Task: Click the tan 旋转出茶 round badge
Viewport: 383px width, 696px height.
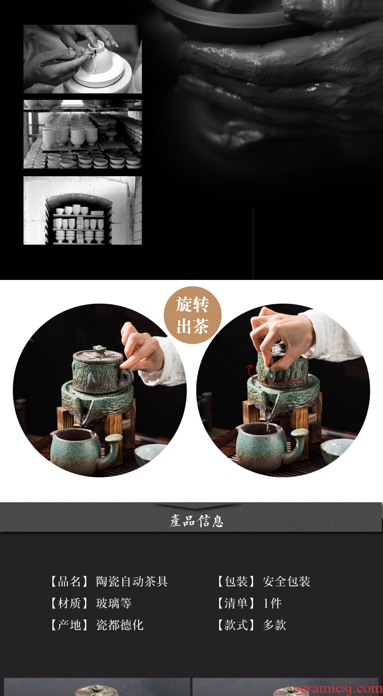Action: [192, 315]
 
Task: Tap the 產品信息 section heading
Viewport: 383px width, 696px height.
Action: [197, 521]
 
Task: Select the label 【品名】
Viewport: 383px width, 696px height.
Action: [70, 581]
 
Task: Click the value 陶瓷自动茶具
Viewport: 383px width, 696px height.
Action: [131, 581]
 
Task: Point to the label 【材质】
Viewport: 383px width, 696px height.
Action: [70, 603]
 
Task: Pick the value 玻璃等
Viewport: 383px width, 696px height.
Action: [113, 603]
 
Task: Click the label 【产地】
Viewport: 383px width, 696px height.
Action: [70, 625]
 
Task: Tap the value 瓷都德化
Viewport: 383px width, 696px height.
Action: [120, 625]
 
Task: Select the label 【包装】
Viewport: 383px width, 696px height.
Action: [237, 581]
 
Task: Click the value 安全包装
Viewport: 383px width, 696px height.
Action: [287, 581]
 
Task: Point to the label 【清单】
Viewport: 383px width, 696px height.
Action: [237, 603]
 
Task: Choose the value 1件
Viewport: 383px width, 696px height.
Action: [272, 603]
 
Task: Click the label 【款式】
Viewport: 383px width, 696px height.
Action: [237, 625]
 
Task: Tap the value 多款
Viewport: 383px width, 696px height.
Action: [274, 625]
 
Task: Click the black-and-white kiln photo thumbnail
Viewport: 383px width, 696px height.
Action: [83, 211]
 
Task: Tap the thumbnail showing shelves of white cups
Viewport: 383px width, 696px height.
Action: [83, 134]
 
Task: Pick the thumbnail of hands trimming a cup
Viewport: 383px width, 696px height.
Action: [83, 59]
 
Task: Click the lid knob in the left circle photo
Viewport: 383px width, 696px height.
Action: [94, 349]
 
